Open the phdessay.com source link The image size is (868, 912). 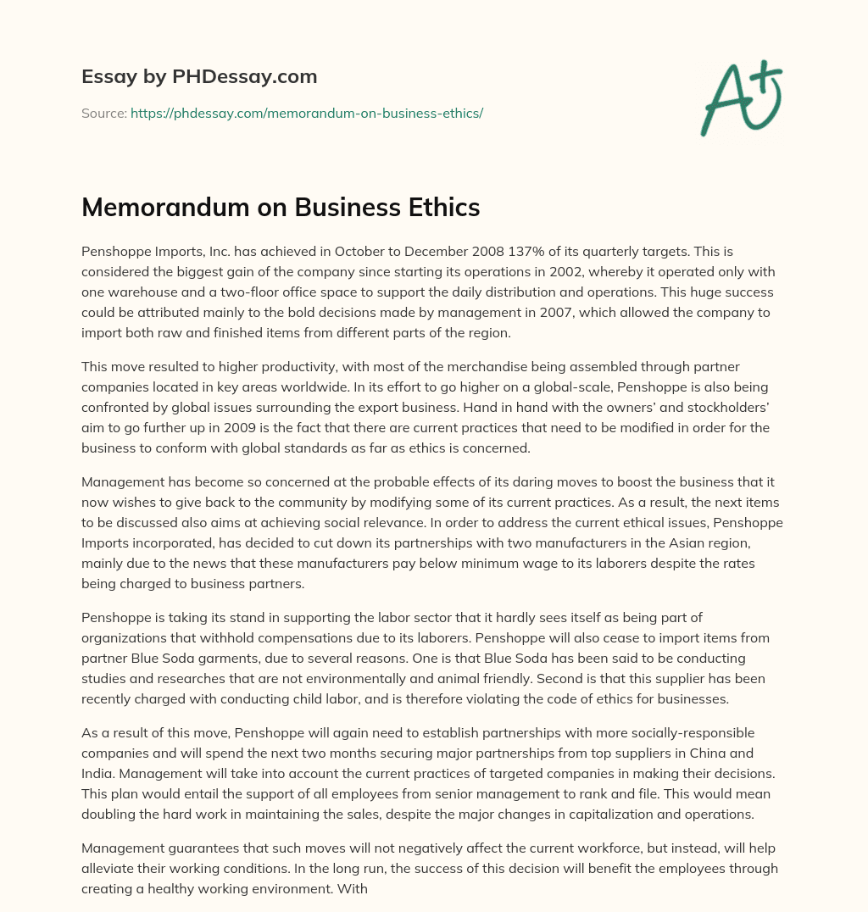click(x=307, y=113)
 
